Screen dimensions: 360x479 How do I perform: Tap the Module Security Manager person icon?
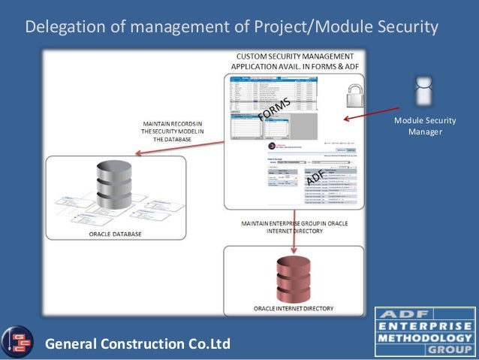pyautogui.click(x=424, y=91)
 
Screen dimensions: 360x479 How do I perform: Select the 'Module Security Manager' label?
pyautogui.click(x=425, y=126)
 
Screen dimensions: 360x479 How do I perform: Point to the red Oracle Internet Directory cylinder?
pyautogui.click(x=293, y=280)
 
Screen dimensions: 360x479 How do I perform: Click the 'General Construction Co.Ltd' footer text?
pyautogui.click(x=138, y=345)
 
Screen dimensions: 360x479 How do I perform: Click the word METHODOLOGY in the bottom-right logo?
pyautogui.click(x=425, y=337)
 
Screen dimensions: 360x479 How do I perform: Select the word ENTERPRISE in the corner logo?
pyautogui.click(x=425, y=326)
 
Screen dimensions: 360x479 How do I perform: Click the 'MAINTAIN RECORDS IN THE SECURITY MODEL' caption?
pyautogui.click(x=172, y=131)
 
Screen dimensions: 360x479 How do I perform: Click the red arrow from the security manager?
pyautogui.click(x=371, y=113)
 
